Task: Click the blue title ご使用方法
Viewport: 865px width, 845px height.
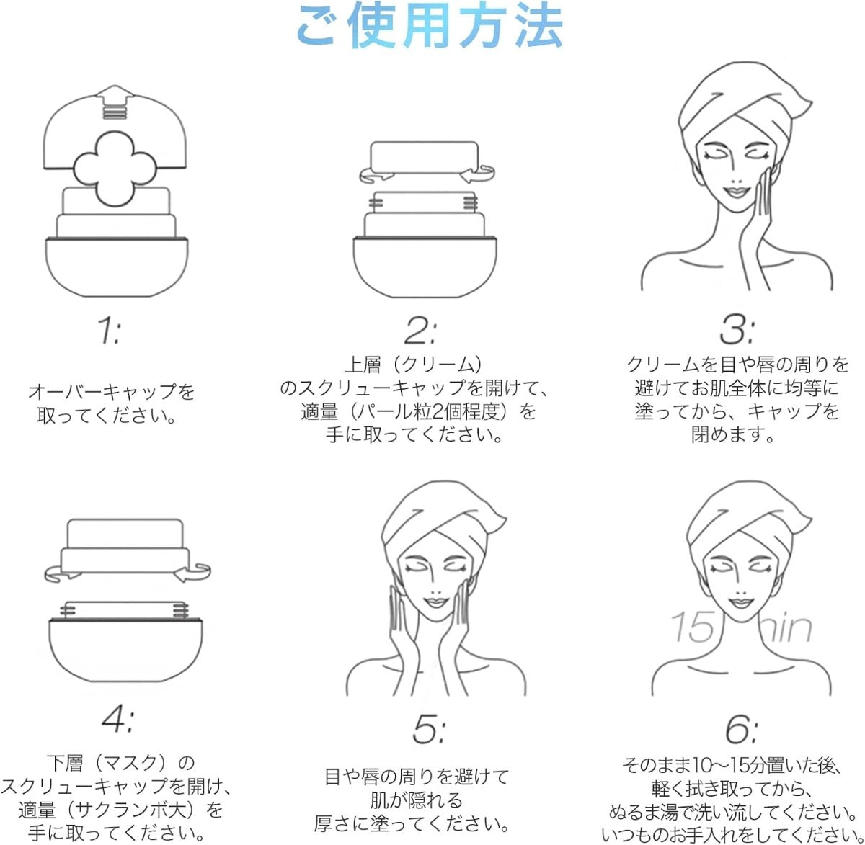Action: (x=430, y=26)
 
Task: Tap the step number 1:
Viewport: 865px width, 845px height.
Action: (x=110, y=331)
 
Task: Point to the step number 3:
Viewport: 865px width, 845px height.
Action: (x=737, y=331)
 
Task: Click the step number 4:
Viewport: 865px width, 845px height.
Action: (x=117, y=720)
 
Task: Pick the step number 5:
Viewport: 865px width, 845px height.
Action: (x=428, y=730)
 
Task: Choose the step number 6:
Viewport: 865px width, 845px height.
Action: (x=742, y=730)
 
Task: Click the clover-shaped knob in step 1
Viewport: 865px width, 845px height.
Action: (x=115, y=169)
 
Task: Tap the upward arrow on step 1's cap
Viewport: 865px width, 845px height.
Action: (x=115, y=102)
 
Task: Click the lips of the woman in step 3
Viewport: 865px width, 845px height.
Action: (x=736, y=192)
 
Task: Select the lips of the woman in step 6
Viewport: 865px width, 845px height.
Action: (x=740, y=603)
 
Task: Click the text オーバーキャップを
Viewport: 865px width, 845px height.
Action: (x=111, y=391)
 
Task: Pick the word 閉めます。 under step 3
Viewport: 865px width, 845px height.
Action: (x=733, y=434)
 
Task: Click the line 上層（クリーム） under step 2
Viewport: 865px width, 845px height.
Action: (x=413, y=365)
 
